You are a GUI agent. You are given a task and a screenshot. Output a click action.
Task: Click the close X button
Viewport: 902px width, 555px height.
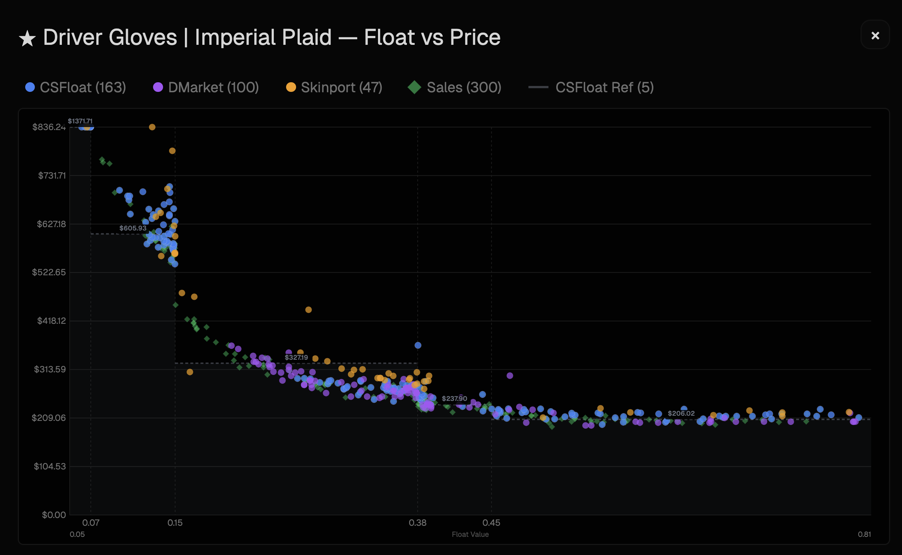(x=875, y=36)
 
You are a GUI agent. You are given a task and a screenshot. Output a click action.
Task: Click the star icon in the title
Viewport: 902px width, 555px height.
(x=27, y=39)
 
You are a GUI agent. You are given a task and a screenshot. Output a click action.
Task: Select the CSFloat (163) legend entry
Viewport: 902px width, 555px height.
(x=76, y=87)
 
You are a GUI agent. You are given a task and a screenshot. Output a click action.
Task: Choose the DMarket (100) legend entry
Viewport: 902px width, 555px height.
(x=206, y=87)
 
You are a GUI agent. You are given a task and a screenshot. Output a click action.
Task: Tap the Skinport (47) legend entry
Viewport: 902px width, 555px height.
(x=334, y=87)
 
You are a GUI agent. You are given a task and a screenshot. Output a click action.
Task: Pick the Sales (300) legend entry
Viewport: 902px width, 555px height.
(x=455, y=87)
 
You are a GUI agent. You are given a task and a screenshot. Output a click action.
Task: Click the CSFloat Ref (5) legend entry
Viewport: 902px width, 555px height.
(x=591, y=87)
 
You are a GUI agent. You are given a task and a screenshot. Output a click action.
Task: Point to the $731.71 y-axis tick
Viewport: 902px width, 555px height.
(x=52, y=176)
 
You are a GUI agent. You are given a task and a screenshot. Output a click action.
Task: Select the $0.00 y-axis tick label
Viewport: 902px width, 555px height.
(x=54, y=515)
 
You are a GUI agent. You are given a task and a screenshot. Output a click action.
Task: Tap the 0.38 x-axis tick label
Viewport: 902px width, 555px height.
(x=417, y=523)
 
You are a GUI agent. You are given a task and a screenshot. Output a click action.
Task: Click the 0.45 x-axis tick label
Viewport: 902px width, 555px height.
(x=491, y=523)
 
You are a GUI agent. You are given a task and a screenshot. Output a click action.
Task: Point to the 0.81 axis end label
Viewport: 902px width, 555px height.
(x=864, y=534)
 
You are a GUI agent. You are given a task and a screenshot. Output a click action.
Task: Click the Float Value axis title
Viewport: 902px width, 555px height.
(x=470, y=534)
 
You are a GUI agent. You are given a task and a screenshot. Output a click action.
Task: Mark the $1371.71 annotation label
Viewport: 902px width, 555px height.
(x=80, y=121)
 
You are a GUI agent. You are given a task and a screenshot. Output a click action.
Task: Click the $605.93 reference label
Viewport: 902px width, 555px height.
(x=133, y=228)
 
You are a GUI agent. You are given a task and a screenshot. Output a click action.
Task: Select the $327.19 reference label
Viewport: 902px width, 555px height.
(x=296, y=358)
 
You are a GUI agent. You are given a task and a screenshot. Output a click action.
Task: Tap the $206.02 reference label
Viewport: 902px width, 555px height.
(x=681, y=413)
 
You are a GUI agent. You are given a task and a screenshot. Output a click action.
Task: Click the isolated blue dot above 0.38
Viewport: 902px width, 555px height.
(x=418, y=345)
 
